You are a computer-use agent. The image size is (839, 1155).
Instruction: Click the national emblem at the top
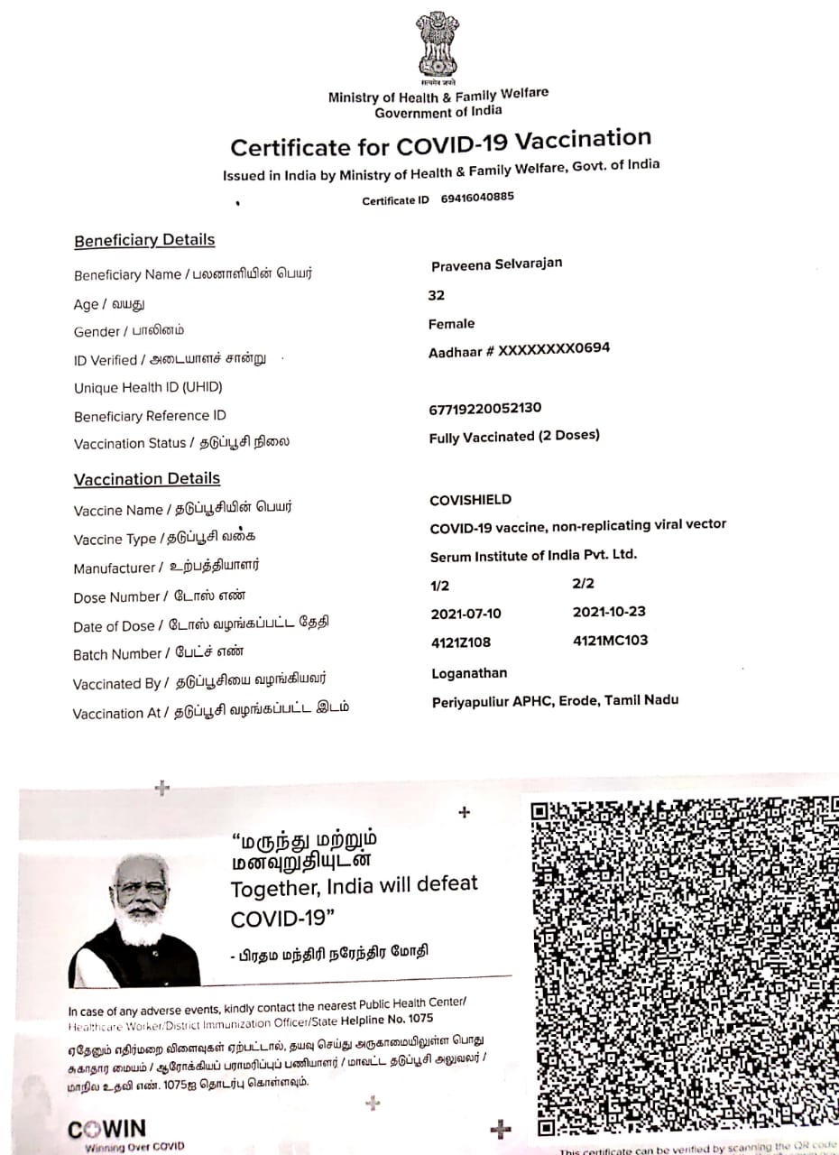[438, 45]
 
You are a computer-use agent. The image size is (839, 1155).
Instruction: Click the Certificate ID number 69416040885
[477, 198]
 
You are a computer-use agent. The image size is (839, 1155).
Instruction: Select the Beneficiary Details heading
[144, 240]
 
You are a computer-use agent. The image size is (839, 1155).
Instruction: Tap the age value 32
[437, 295]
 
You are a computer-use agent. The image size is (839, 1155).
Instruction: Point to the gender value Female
[451, 324]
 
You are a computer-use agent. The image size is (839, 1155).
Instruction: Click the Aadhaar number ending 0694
[519, 349]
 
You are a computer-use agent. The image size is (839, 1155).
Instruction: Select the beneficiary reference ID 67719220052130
[485, 408]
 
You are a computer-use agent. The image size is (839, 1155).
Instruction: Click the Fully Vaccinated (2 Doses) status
[514, 436]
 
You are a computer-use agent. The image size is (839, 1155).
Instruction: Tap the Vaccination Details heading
[147, 478]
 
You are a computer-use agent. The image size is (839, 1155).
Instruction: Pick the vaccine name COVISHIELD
[470, 500]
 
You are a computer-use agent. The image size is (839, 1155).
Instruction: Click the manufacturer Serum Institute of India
[533, 555]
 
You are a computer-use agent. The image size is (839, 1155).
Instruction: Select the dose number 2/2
[584, 583]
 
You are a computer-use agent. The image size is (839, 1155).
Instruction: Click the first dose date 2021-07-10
[466, 614]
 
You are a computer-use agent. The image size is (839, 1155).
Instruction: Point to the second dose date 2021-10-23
[609, 612]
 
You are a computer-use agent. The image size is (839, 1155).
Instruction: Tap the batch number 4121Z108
[461, 642]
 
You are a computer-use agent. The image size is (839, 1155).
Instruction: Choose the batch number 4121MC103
[610, 641]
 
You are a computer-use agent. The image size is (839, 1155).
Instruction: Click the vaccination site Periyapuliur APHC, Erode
[555, 700]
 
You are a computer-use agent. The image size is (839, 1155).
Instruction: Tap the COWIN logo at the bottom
[106, 1129]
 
